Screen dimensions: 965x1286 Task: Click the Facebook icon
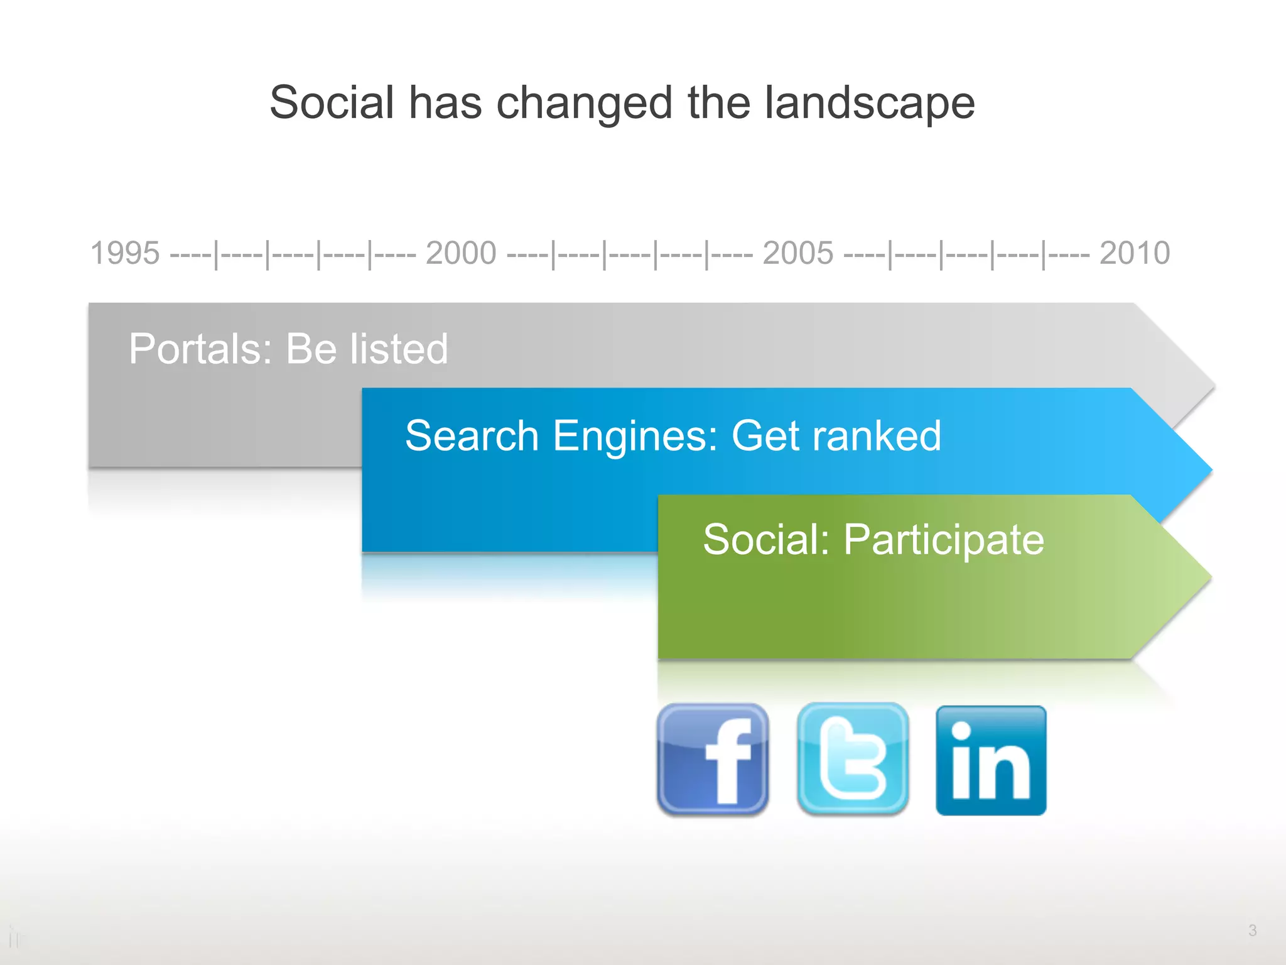713,760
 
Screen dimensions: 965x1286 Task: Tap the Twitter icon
852,760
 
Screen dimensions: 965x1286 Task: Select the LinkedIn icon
991,761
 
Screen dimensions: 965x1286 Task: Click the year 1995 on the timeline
125,253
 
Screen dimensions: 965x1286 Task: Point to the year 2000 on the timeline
461,253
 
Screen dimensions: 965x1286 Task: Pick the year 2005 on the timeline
798,253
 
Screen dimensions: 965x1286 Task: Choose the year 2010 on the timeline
1135,253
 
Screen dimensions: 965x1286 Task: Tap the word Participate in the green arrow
943,540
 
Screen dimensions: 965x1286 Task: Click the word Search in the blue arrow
472,435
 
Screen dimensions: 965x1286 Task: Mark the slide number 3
1252,930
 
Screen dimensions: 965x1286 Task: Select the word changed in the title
585,104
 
